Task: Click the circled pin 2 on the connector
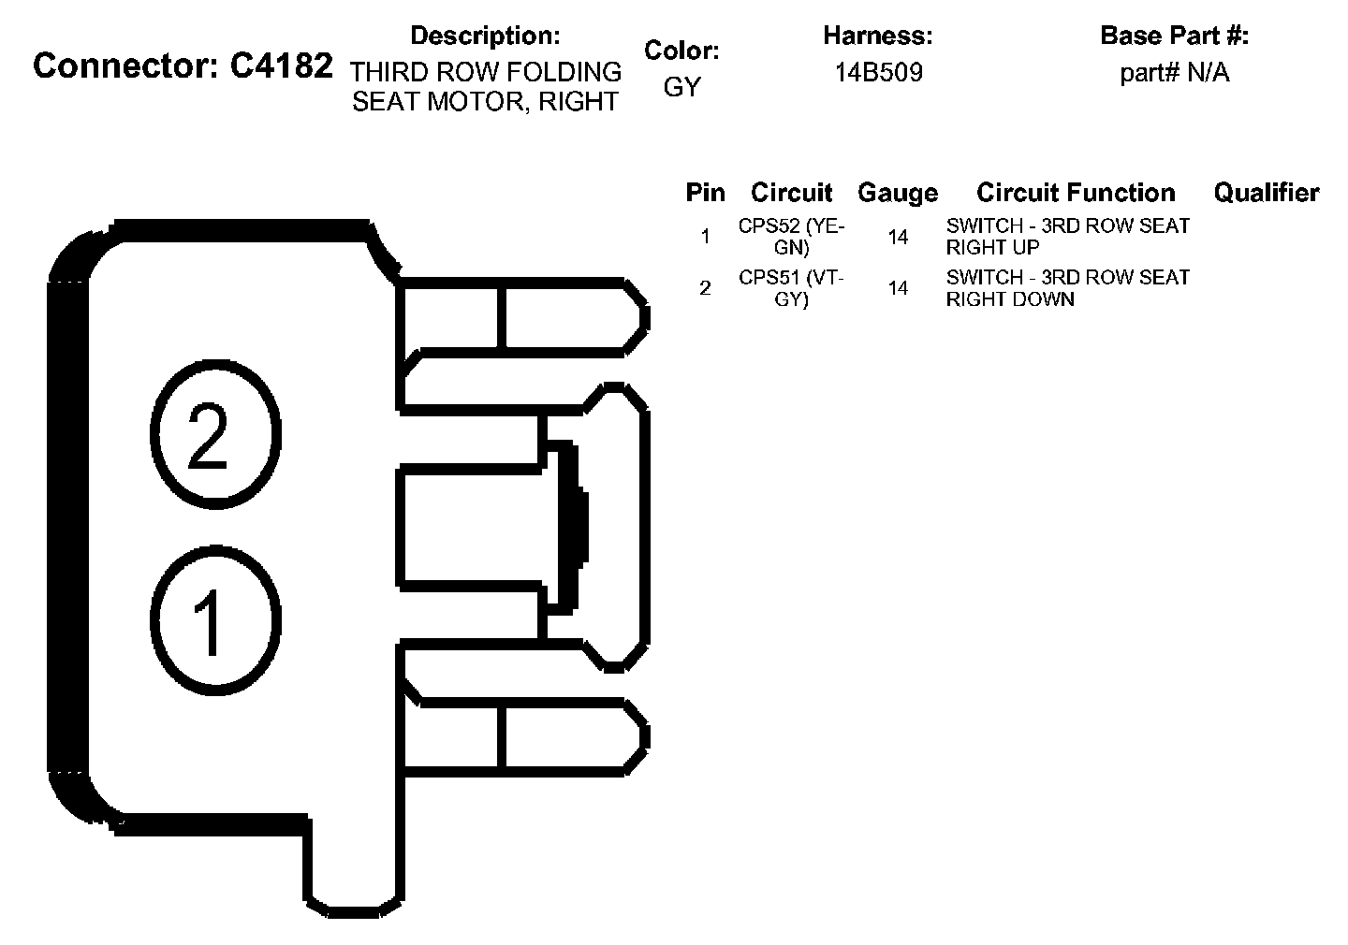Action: coord(214,434)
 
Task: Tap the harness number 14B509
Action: coord(878,73)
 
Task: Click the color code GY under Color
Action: coord(681,87)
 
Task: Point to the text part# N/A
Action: coord(1174,73)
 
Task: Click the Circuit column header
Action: coord(791,193)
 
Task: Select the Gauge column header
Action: coord(897,193)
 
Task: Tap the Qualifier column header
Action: coord(1266,193)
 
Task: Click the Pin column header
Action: coord(705,193)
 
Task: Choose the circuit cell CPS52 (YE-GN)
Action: coord(791,237)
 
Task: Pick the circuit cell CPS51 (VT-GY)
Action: coord(791,288)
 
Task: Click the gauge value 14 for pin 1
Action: coord(898,238)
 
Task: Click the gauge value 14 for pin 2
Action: coord(898,289)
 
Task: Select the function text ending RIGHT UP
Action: coord(1067,237)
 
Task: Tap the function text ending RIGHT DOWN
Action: coord(1067,288)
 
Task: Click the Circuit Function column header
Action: coord(1076,193)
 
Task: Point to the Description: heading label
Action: coord(485,36)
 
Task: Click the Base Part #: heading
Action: coord(1174,36)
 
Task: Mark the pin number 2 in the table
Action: coord(705,288)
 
